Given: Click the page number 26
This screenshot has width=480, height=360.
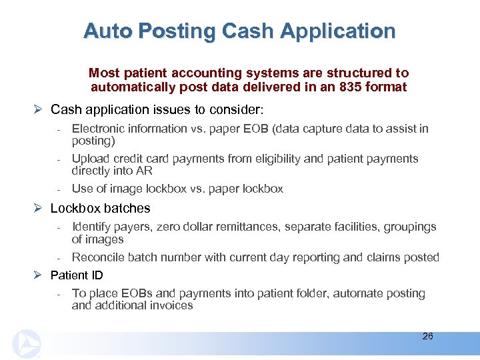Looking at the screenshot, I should (427, 337).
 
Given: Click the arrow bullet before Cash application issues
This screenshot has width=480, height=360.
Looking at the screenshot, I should (39, 109).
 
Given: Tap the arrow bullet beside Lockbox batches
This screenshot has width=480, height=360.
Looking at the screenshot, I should (39, 209).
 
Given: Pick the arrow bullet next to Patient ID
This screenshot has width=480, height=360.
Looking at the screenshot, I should (39, 275).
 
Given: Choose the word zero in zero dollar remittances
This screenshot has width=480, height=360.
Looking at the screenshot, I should (166, 227).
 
